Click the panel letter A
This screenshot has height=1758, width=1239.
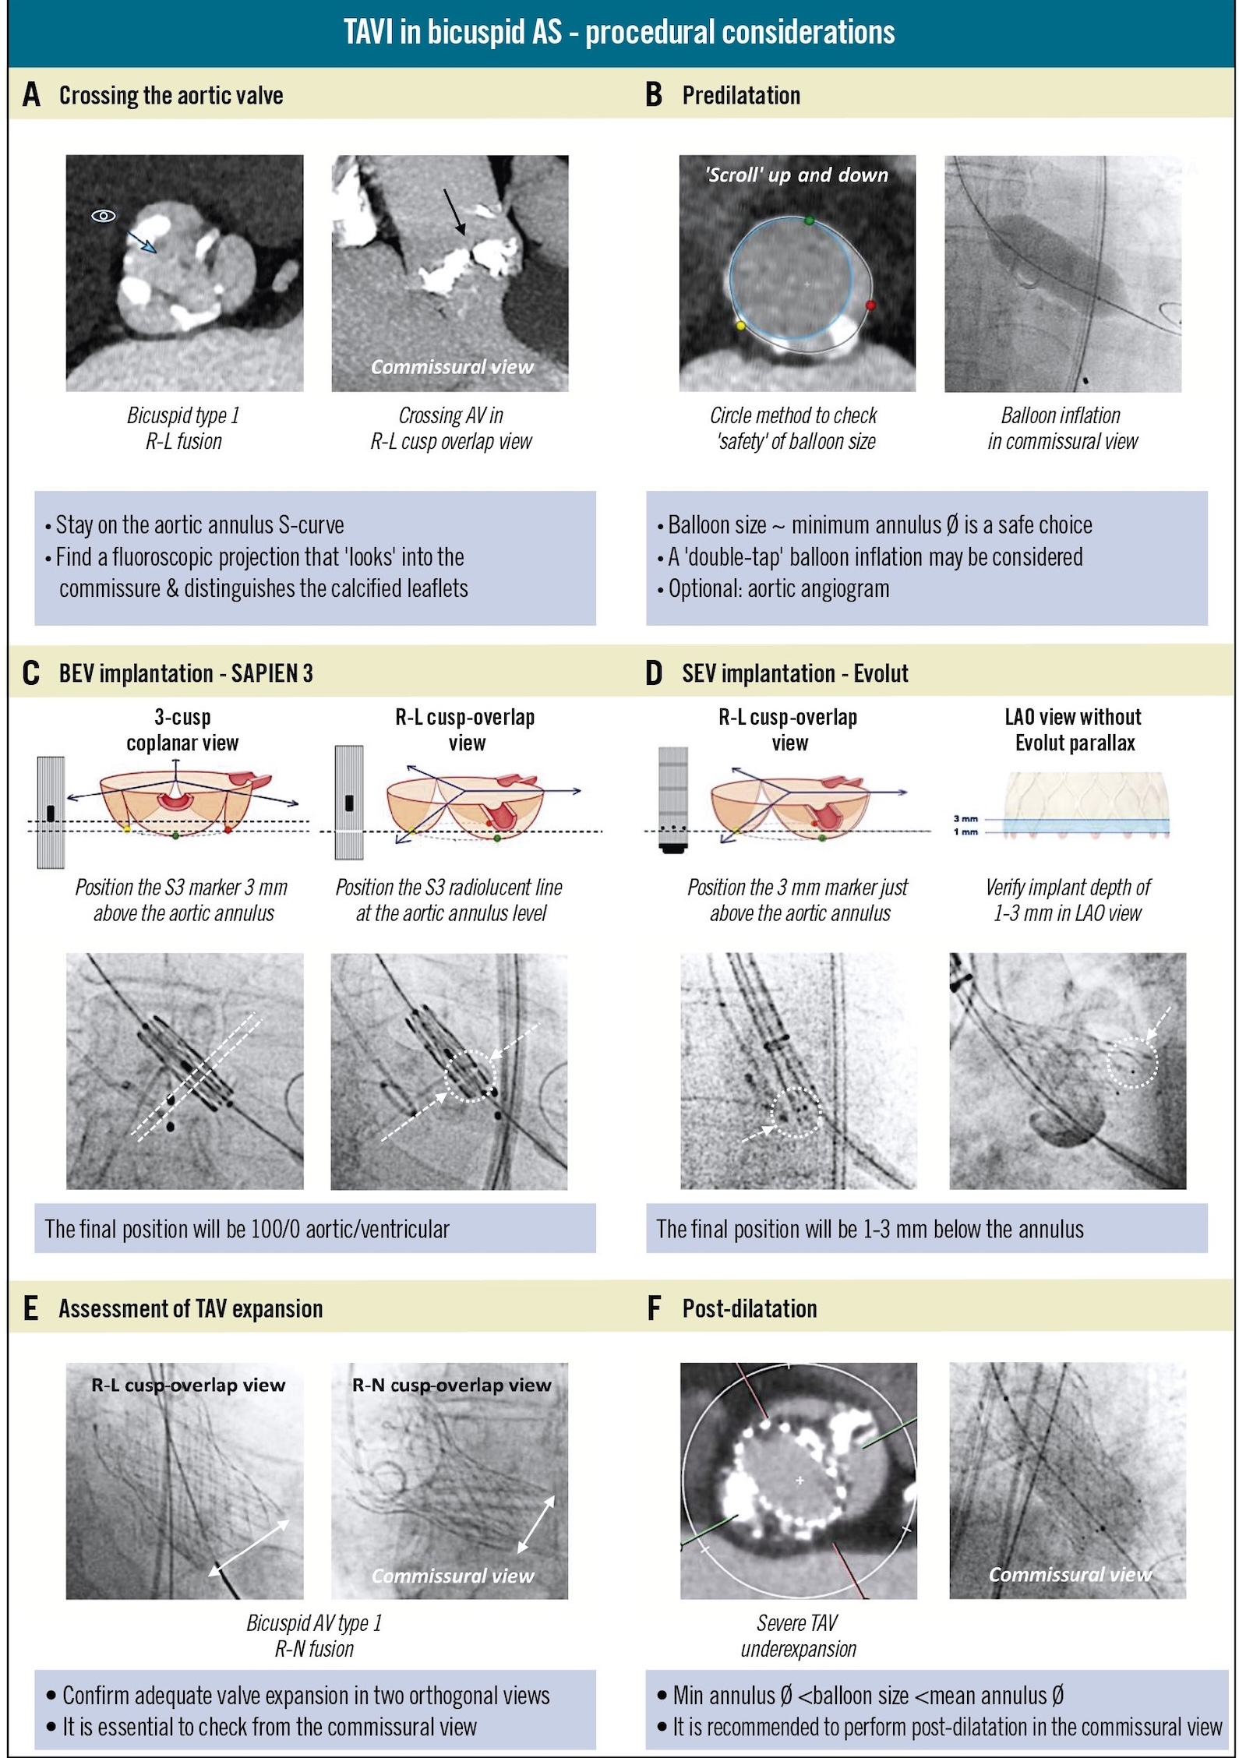click(31, 95)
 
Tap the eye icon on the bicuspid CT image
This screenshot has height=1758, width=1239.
click(104, 216)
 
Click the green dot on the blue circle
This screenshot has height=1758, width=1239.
click(810, 221)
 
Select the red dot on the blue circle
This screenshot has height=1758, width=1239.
click(870, 305)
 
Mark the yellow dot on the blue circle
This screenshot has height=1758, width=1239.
click(740, 325)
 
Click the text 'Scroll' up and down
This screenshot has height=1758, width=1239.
click(796, 175)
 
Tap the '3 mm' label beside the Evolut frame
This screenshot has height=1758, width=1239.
click(965, 819)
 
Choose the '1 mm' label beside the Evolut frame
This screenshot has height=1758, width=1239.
click(965, 832)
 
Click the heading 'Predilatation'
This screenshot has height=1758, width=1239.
click(741, 95)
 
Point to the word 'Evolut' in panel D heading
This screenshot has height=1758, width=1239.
click(881, 673)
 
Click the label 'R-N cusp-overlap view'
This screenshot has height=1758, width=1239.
click(451, 1385)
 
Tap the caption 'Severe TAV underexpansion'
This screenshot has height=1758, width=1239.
click(798, 1635)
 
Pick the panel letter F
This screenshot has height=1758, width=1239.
click(655, 1308)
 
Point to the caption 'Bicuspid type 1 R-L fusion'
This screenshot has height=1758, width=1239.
click(184, 428)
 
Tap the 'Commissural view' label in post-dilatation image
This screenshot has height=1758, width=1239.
click(1069, 1574)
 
